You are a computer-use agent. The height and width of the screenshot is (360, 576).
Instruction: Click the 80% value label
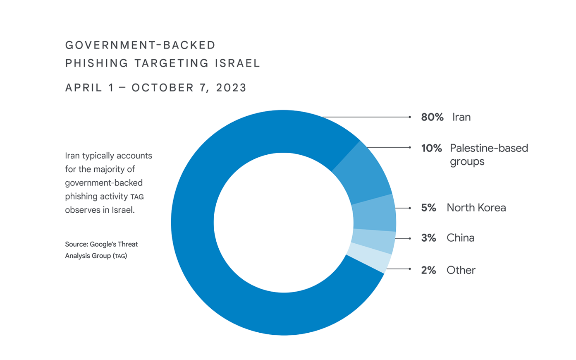(432, 117)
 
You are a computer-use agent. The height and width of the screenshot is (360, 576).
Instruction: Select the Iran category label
(461, 117)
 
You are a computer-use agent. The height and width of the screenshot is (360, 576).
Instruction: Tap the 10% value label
(431, 148)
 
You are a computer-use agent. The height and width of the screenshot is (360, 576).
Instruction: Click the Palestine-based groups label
(489, 154)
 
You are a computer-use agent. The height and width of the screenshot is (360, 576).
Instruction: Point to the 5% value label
(428, 208)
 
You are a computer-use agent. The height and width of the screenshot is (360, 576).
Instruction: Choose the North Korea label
(476, 208)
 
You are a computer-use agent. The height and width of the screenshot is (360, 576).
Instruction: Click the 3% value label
(428, 238)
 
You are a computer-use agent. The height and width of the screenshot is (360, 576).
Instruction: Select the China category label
(460, 238)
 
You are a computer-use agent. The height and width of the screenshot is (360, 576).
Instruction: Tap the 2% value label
(428, 270)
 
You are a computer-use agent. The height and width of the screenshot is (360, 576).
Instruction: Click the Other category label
(461, 270)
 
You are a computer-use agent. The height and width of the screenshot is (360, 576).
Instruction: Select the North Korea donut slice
(374, 213)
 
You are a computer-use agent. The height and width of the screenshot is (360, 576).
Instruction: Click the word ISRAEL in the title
(237, 63)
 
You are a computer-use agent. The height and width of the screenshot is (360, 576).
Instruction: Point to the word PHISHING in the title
(97, 63)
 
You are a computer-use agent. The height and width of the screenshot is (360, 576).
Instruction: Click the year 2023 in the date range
(231, 88)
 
